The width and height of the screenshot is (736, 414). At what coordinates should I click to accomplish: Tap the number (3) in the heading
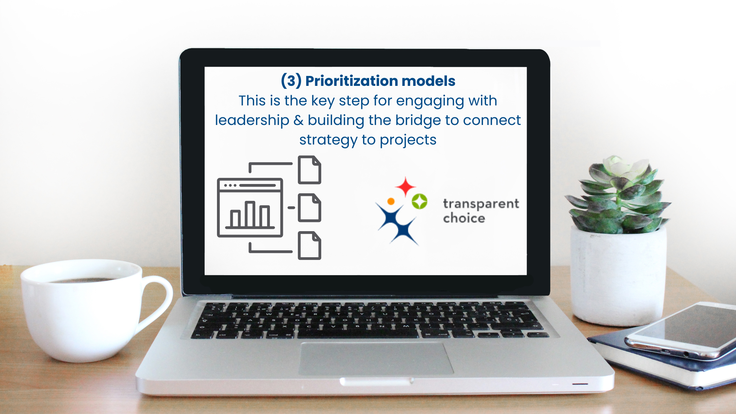pyautogui.click(x=291, y=81)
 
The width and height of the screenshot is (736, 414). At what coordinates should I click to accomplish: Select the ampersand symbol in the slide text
pyautogui.click(x=299, y=120)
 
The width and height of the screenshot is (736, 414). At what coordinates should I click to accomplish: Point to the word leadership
pyautogui.click(x=252, y=120)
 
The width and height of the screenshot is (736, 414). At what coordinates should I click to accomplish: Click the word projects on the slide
pyautogui.click(x=408, y=140)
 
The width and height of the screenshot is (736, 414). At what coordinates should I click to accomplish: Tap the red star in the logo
pyautogui.click(x=406, y=187)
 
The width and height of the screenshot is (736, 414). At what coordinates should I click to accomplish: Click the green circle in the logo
pyautogui.click(x=419, y=201)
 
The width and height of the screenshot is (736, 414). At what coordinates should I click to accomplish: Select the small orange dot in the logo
pyautogui.click(x=391, y=201)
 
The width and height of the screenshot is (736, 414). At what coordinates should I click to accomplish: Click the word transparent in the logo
pyautogui.click(x=481, y=204)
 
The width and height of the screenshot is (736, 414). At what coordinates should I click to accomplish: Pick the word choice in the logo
pyautogui.click(x=464, y=218)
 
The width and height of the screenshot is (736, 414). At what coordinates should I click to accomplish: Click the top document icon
pyautogui.click(x=310, y=170)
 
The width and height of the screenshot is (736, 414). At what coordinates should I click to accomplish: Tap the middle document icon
pyautogui.click(x=310, y=208)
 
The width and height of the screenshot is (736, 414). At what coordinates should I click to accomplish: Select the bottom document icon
pyautogui.click(x=310, y=246)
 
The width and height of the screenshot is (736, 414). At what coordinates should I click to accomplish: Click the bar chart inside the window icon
pyautogui.click(x=250, y=215)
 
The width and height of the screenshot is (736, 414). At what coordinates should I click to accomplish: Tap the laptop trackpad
pyautogui.click(x=376, y=358)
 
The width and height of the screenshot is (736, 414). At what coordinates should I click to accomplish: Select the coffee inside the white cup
pyautogui.click(x=82, y=280)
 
